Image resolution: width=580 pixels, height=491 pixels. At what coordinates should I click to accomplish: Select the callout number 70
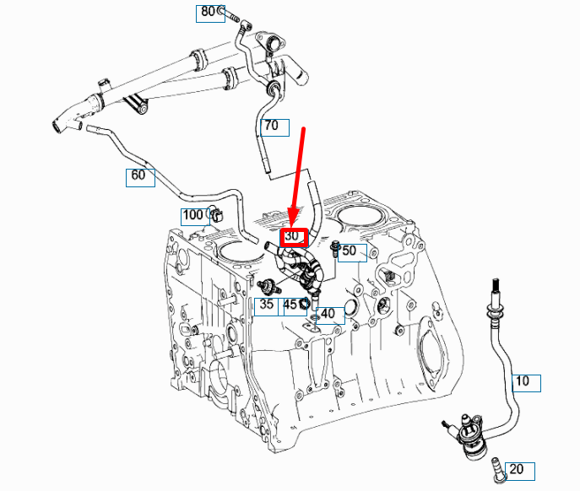coord(272,127)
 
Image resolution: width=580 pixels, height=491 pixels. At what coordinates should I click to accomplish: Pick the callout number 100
coord(193,215)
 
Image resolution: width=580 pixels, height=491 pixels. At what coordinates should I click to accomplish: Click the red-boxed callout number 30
coord(292,238)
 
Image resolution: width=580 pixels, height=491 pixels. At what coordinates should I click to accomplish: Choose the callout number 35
coord(267,305)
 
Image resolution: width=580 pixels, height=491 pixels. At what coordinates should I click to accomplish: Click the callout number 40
coord(329,315)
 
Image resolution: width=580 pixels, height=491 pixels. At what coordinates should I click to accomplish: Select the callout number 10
coord(523,381)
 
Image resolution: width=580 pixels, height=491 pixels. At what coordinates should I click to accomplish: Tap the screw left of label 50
coord(335,249)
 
